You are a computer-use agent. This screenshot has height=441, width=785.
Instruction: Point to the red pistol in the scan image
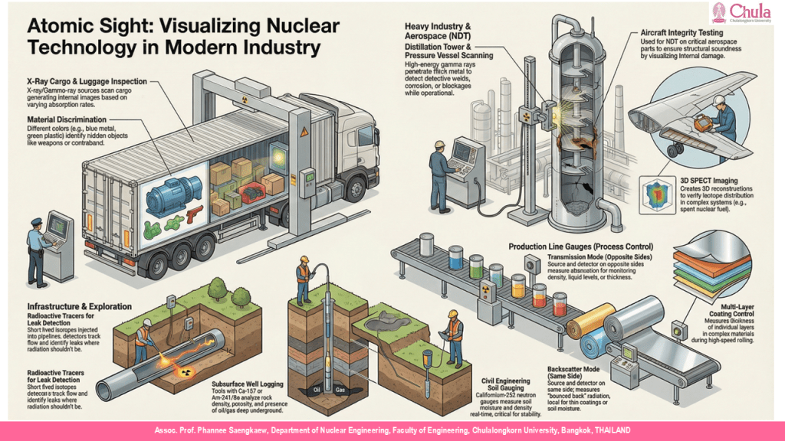tap(191, 211)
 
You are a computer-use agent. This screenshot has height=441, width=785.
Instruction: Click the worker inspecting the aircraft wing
tap(721, 119)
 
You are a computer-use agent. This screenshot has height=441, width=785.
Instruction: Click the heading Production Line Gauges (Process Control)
tap(581, 247)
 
